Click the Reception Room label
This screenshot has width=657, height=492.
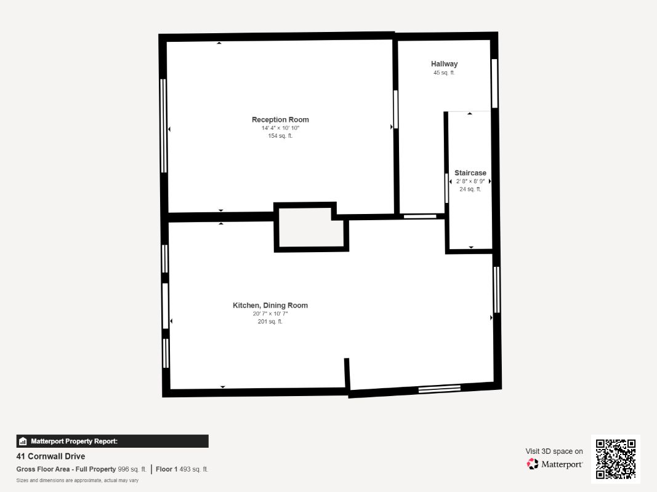pyautogui.click(x=280, y=120)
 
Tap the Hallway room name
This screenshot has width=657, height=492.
pyautogui.click(x=444, y=64)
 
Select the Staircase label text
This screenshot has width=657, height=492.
pyautogui.click(x=470, y=173)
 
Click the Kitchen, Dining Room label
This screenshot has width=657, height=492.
pyautogui.click(x=270, y=306)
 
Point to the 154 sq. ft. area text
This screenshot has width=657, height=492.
pyautogui.click(x=280, y=136)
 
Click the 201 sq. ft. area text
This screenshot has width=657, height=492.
pyautogui.click(x=270, y=322)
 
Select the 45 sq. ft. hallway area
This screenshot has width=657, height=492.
pyautogui.click(x=444, y=73)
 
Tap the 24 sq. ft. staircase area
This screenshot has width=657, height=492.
pyautogui.click(x=470, y=189)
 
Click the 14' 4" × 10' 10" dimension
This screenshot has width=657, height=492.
pyautogui.click(x=280, y=128)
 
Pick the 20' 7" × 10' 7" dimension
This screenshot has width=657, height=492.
pyautogui.click(x=270, y=314)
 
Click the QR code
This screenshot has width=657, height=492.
pyautogui.click(x=616, y=459)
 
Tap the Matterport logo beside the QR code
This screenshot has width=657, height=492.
pyautogui.click(x=555, y=464)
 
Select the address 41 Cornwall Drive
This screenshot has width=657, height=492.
pyautogui.click(x=50, y=456)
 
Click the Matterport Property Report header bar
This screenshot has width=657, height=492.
pyautogui.click(x=112, y=441)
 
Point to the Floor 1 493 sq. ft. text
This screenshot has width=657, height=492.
pyautogui.click(x=182, y=469)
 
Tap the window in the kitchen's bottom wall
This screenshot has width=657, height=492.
pyautogui.click(x=439, y=388)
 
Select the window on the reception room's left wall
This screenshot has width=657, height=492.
pyautogui.click(x=163, y=125)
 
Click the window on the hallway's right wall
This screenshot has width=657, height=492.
pyautogui.click(x=494, y=84)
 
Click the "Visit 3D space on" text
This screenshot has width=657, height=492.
pyautogui.click(x=554, y=451)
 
